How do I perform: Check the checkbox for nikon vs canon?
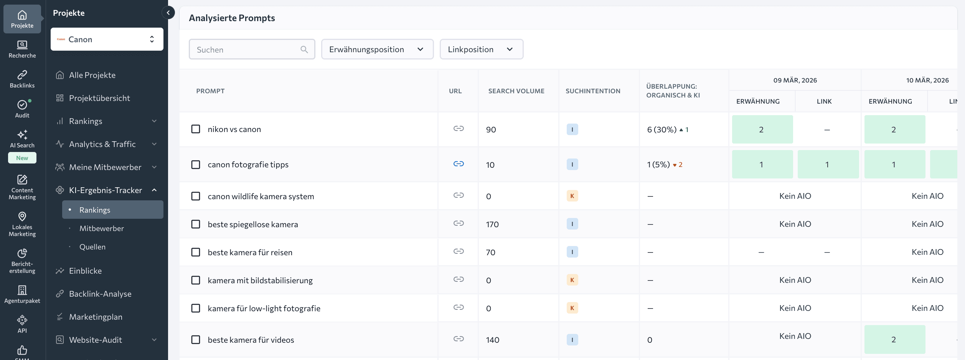tap(196, 129)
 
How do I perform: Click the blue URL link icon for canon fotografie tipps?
tap(459, 164)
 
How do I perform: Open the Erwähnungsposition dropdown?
tap(377, 50)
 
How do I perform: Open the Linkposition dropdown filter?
tap(481, 50)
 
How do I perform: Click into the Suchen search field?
tap(247, 50)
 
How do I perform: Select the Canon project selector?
tap(107, 39)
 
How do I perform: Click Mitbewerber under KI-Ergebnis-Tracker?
tap(101, 228)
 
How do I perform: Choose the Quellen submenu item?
tap(92, 247)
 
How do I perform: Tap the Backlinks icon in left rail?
tap(22, 79)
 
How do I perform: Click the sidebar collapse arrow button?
tap(168, 13)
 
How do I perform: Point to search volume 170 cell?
tap(492, 224)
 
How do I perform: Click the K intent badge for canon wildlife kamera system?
tap(572, 196)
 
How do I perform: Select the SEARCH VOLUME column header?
tap(516, 91)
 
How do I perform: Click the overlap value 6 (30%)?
tap(661, 130)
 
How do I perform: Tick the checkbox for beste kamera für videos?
tap(196, 340)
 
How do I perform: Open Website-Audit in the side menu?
tap(96, 340)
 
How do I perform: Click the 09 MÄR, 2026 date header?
tap(795, 80)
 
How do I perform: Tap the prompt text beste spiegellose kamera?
tap(252, 224)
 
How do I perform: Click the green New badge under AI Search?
tap(22, 158)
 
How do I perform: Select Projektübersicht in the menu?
tap(99, 98)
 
